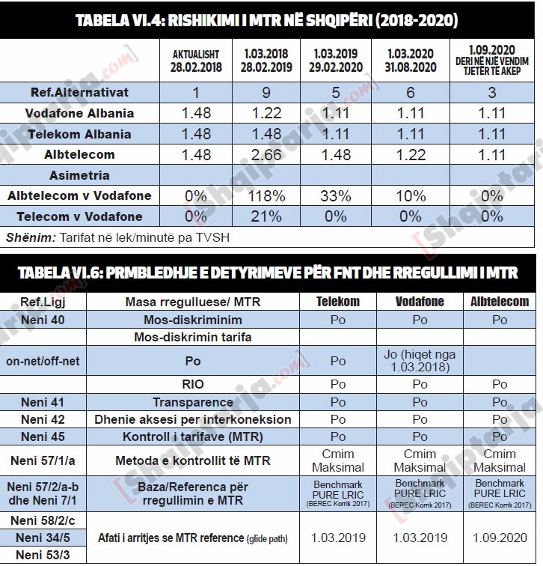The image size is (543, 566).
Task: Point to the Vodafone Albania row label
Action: [80, 114]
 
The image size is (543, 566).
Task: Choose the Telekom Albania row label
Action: [80, 135]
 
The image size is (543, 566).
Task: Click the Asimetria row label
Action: [80, 175]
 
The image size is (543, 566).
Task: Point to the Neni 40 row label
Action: [43, 320]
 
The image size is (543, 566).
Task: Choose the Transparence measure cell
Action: [193, 403]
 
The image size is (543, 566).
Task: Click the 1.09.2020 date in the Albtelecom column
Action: [500, 538]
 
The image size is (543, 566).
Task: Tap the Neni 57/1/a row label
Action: [43, 460]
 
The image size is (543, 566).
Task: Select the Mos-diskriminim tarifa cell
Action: [193, 338]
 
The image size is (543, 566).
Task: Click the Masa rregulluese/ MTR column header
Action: [193, 302]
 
